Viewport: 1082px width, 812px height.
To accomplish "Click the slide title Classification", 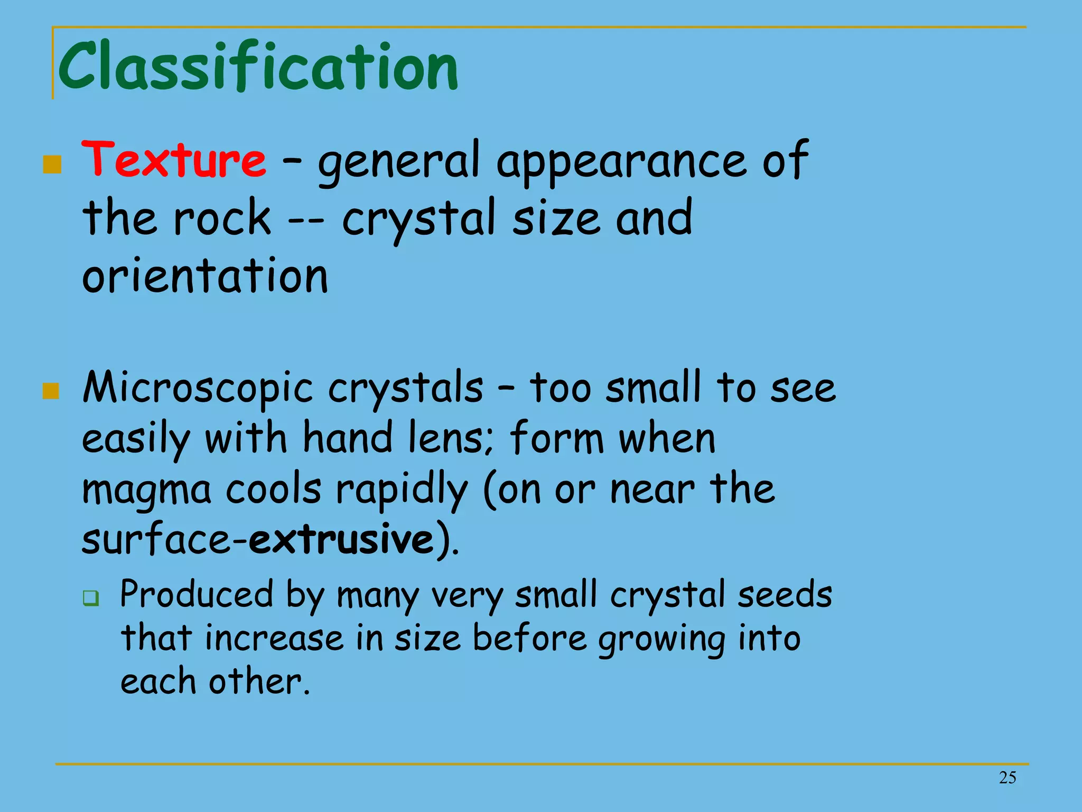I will pyautogui.click(x=258, y=67).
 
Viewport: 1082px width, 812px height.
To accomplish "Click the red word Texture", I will pyautogui.click(x=174, y=160).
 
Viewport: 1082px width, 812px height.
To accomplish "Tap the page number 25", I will pyautogui.click(x=1008, y=778).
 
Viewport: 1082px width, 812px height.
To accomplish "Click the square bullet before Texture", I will pyautogui.click(x=52, y=164).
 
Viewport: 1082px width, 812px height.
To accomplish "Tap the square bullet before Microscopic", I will pyautogui.click(x=51, y=391).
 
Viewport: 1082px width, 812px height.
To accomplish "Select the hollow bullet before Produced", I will pyautogui.click(x=91, y=598).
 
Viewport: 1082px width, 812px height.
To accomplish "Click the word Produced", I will pyautogui.click(x=197, y=595).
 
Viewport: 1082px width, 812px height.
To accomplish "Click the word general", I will pyautogui.click(x=399, y=161).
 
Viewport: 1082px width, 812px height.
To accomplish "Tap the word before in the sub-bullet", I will pyautogui.click(x=529, y=638).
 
